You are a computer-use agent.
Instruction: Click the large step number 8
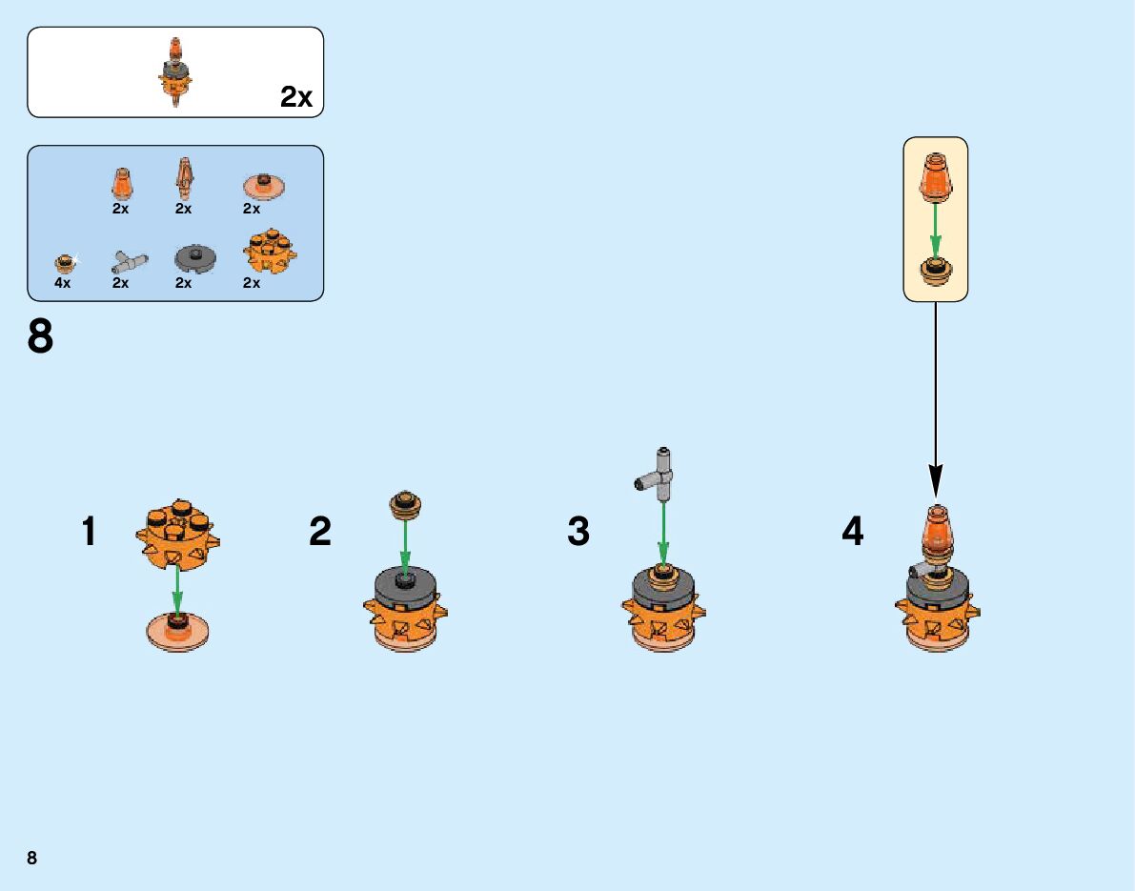pos(41,336)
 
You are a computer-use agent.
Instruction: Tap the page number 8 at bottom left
pos(32,858)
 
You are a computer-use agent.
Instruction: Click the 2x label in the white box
pos(296,97)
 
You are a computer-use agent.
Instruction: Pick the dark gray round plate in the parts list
pos(195,257)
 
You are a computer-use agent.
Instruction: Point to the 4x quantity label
pos(63,283)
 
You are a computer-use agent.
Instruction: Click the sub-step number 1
pos(89,532)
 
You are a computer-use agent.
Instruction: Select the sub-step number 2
pos(320,532)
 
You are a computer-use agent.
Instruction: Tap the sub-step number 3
pos(578,532)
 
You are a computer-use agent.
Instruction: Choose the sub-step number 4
pos(852,532)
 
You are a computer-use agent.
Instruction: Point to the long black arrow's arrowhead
pos(936,482)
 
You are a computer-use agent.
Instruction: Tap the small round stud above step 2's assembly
pos(405,503)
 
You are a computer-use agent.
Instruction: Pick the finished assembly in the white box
pos(174,72)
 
